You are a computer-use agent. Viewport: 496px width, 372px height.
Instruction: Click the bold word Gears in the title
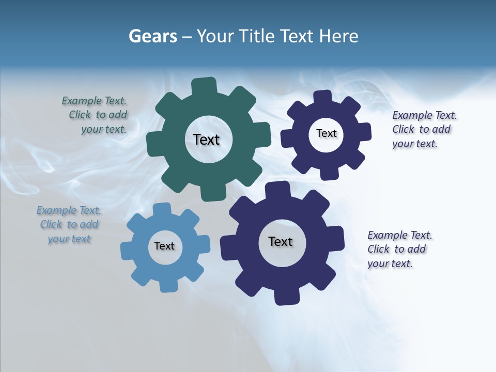tap(152, 36)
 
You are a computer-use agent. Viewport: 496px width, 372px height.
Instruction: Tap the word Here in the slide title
tap(338, 36)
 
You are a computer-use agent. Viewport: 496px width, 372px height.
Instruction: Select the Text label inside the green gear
tap(206, 139)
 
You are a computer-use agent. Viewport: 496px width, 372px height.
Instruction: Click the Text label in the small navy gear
tap(326, 133)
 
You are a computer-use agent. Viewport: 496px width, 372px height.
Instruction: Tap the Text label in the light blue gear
tap(164, 246)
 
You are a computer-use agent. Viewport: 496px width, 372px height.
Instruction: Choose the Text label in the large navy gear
tap(281, 241)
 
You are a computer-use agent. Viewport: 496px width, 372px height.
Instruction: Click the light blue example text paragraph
tap(69, 225)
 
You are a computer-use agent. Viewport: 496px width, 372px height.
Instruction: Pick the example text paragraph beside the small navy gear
tap(424, 129)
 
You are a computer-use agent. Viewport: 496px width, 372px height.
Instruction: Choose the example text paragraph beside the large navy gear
tap(399, 249)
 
